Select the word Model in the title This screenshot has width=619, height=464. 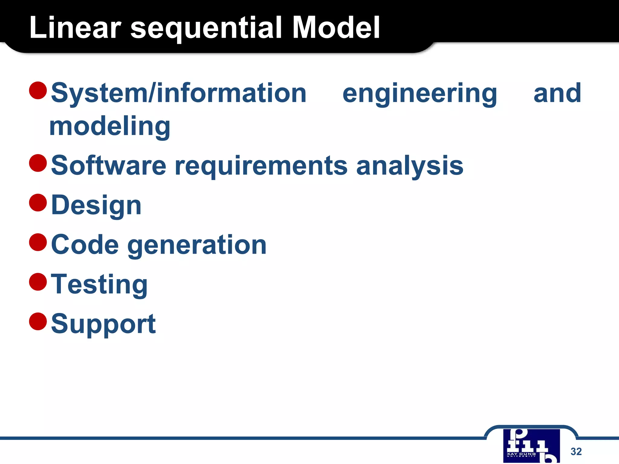336,28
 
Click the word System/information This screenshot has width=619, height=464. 179,94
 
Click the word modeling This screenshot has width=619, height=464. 110,127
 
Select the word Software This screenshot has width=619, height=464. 109,165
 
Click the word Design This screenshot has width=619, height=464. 96,205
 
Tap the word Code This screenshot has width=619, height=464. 85,245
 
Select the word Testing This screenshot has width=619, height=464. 99,285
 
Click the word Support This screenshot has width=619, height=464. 103,324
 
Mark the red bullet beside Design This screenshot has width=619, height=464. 38,203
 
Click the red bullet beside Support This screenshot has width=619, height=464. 38,321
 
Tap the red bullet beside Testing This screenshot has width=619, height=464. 38,282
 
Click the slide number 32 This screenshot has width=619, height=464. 576,451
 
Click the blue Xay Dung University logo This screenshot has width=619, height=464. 531,446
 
